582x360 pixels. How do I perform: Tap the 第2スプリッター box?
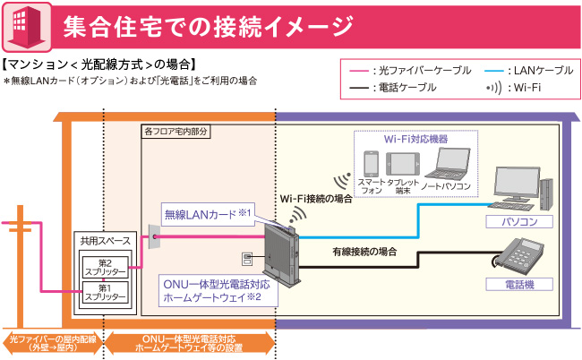105,268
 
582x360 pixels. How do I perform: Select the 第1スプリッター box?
105,292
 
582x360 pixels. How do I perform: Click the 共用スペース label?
105,243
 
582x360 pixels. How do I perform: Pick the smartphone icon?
371,166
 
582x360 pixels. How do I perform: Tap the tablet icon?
400,164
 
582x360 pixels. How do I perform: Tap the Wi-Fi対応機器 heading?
415,139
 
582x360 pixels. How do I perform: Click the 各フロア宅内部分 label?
175,131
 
